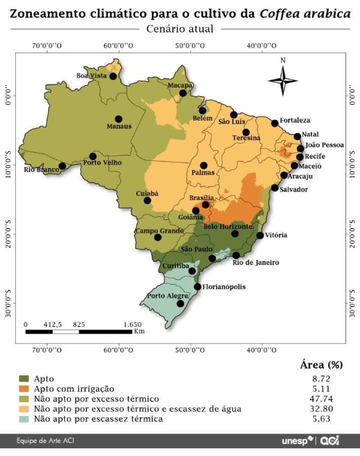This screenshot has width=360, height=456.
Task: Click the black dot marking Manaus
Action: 119,119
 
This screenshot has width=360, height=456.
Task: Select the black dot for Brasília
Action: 205,205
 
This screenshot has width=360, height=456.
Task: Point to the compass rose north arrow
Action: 283,79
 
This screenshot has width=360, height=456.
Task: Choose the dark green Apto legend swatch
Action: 24,378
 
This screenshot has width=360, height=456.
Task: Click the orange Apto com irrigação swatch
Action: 24,389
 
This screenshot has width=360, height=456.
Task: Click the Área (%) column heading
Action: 321,365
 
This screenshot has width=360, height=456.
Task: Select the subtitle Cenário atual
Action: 180,29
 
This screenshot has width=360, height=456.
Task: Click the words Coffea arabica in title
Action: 305,13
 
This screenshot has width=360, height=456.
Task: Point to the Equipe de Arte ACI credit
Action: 48,441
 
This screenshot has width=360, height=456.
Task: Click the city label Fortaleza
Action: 295,120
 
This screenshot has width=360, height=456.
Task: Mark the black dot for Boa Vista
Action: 113,77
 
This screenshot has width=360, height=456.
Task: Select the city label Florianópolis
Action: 224,287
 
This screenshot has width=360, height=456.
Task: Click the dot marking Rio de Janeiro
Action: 236,255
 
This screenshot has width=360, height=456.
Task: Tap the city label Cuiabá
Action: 148,194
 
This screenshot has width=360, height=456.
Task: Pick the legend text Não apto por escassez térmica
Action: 98,419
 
